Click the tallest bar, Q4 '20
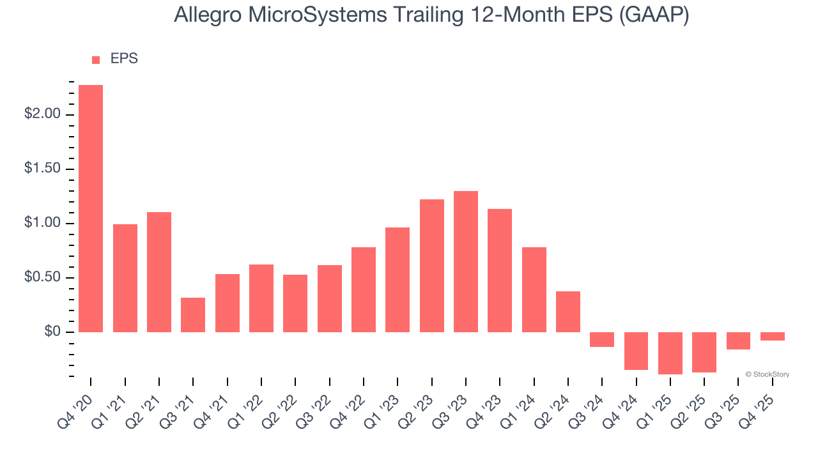[x=91, y=208]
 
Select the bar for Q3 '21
[x=193, y=315]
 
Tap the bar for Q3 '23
[x=466, y=261]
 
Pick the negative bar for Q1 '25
[x=670, y=353]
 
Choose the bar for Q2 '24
[x=568, y=312]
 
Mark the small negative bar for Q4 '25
[x=773, y=336]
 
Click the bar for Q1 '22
[x=261, y=298]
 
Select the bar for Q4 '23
[x=500, y=270]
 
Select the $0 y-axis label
[x=51, y=332]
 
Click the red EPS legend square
[x=96, y=60]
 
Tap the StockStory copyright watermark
[x=767, y=374]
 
